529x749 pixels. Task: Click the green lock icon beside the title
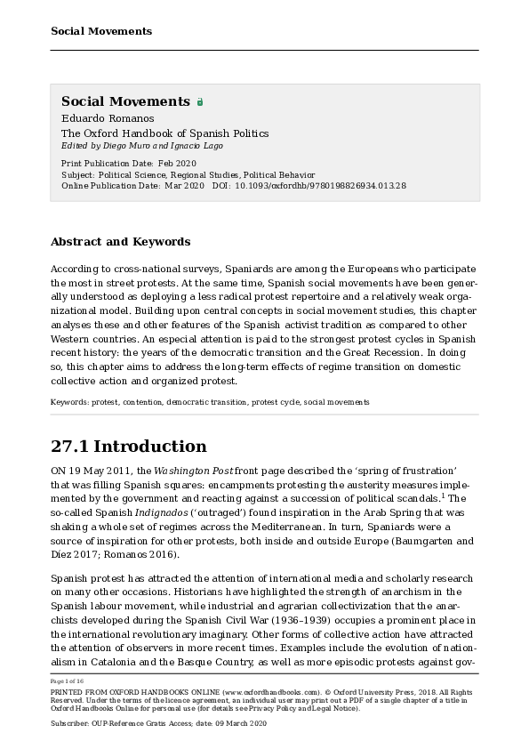pyautogui.click(x=200, y=102)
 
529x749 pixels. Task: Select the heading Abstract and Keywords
pyautogui.click(x=120, y=241)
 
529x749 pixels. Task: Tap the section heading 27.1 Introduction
pyautogui.click(x=128, y=446)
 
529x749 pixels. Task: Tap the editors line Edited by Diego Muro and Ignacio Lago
pyautogui.click(x=141, y=145)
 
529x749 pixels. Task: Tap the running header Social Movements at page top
pyautogui.click(x=101, y=31)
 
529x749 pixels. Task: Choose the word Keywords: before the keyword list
pyautogui.click(x=68, y=402)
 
